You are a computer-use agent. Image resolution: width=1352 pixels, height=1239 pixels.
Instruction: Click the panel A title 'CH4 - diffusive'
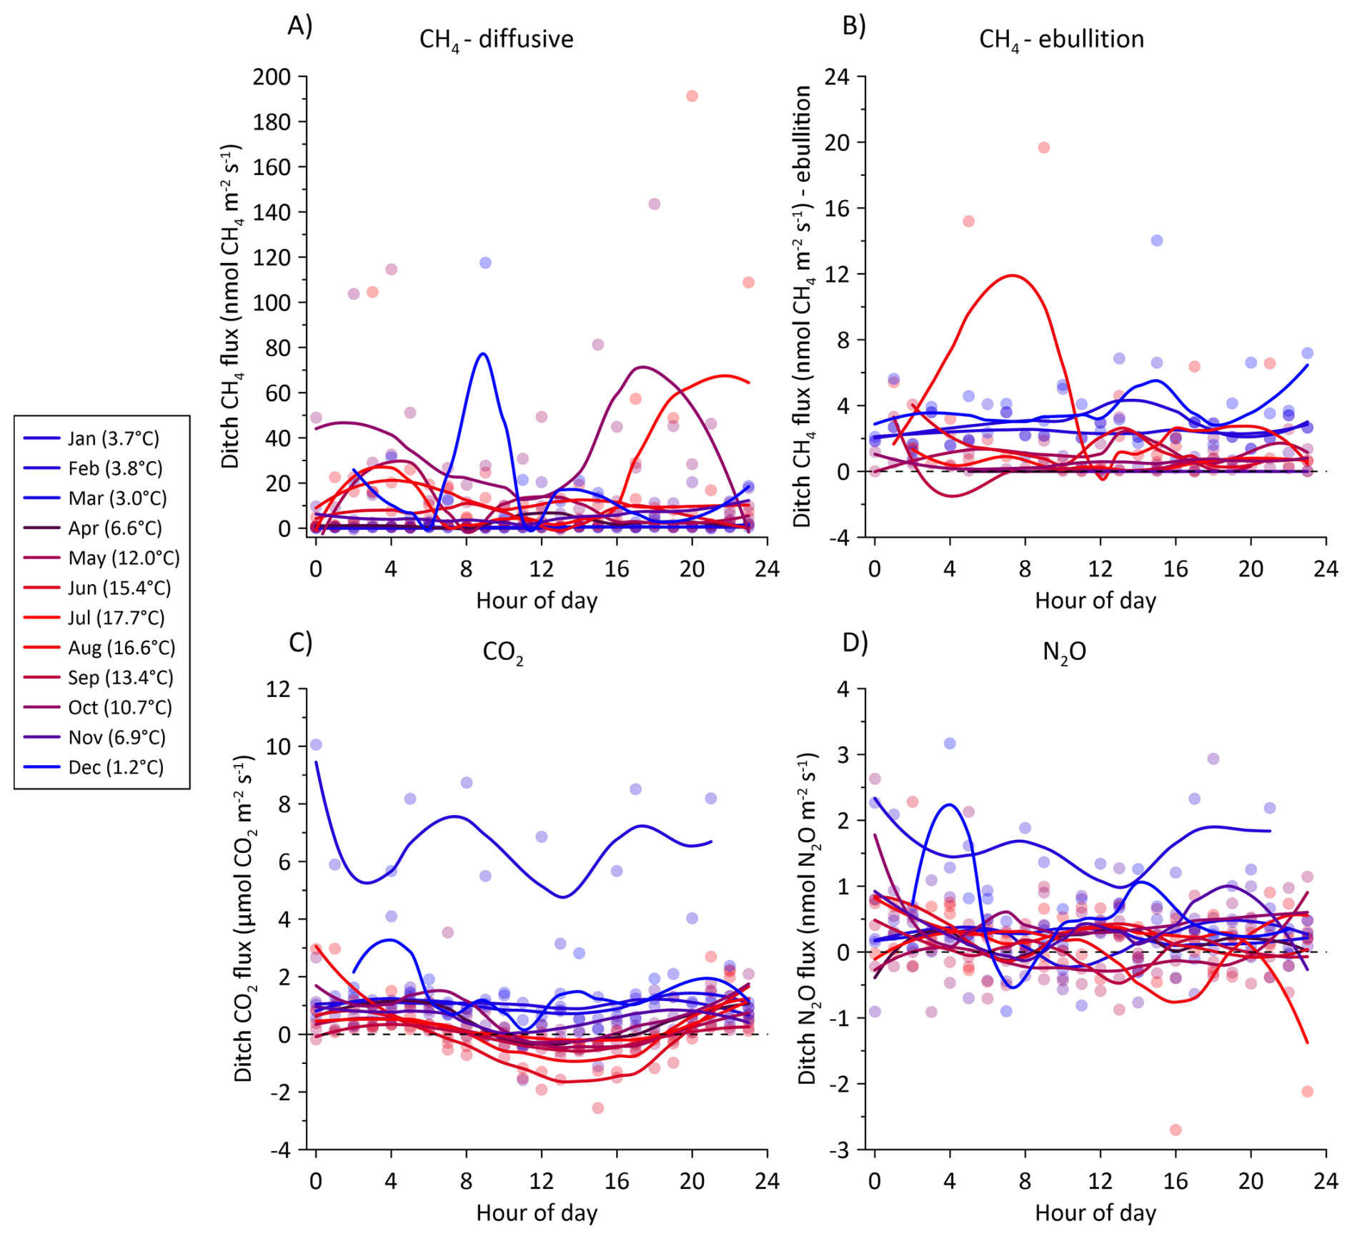click(x=496, y=39)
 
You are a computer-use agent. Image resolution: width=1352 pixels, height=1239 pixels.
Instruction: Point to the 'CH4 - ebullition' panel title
click(x=1061, y=39)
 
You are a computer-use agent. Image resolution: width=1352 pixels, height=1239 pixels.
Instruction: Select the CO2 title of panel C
click(x=503, y=652)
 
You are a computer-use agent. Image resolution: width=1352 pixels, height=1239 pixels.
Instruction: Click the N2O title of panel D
click(x=1064, y=652)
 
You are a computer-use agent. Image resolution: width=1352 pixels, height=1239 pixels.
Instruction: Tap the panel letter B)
click(x=854, y=26)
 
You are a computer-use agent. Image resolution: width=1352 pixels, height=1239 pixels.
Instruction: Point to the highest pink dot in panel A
click(x=692, y=96)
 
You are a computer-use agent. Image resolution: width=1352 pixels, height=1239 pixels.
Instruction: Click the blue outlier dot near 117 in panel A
click(x=485, y=263)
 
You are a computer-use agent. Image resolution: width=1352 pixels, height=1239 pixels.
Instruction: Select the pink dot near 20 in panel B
click(x=1043, y=147)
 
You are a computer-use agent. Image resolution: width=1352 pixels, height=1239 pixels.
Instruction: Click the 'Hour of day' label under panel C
click(x=537, y=1213)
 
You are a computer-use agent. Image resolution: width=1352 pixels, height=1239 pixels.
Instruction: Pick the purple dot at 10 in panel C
click(x=316, y=745)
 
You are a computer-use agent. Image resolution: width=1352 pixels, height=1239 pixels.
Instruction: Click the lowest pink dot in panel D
click(x=1175, y=1130)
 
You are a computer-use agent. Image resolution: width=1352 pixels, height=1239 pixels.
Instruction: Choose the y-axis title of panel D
click(x=807, y=919)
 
